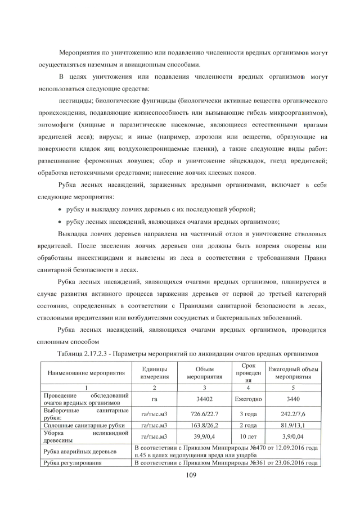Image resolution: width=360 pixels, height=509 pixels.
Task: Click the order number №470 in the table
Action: [246, 447]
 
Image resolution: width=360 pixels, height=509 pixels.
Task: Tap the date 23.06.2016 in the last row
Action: [282, 462]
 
